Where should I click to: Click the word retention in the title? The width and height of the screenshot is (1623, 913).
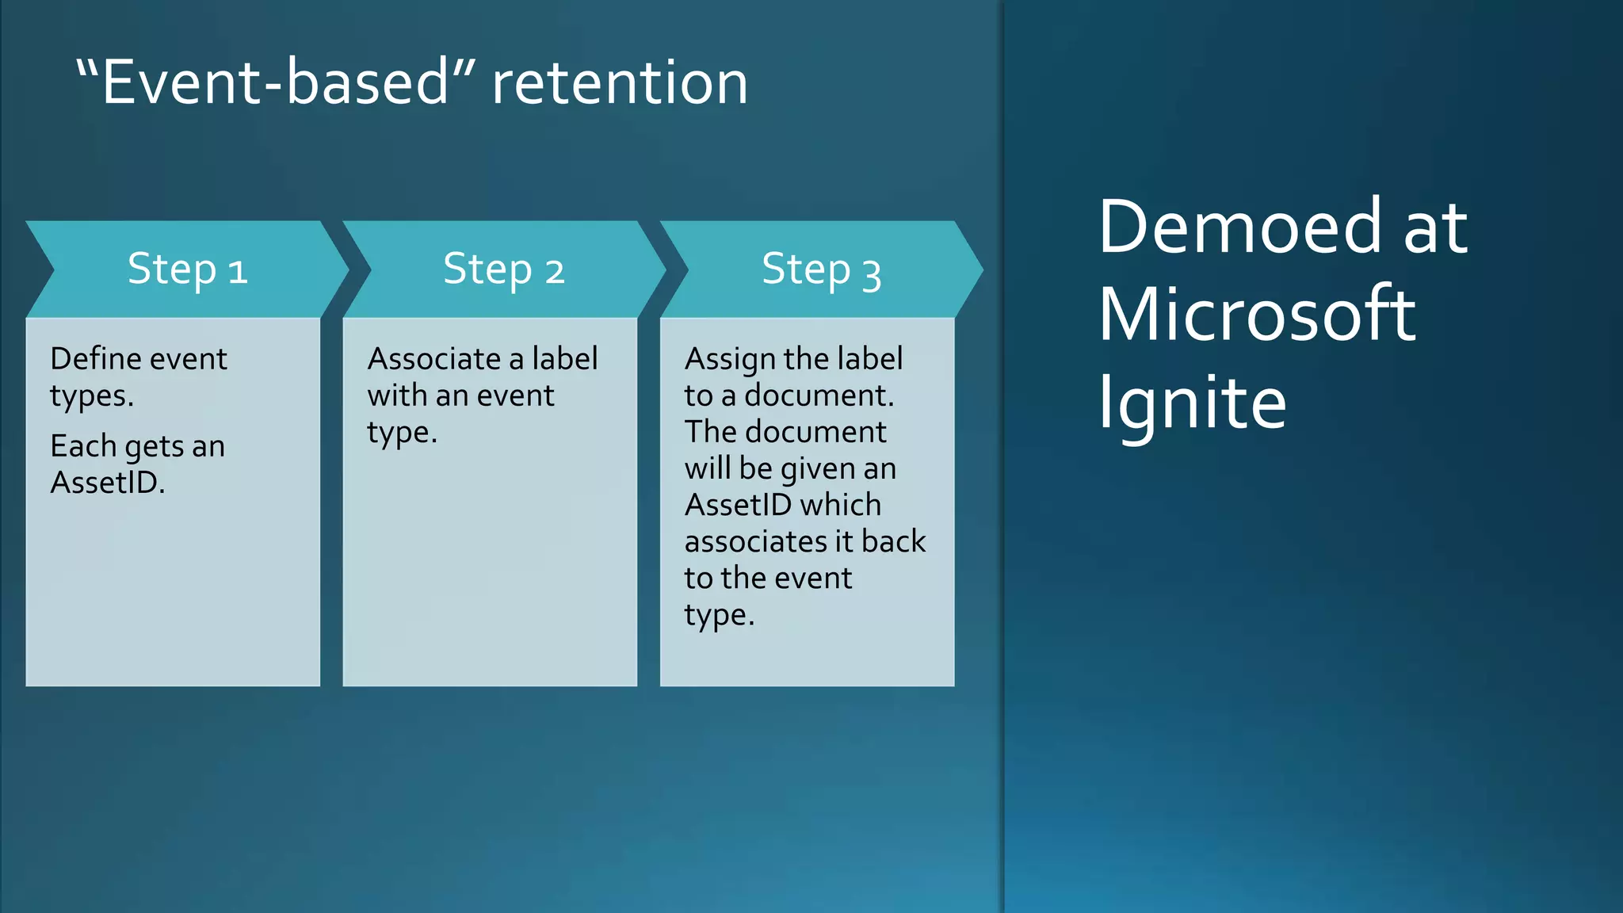pos(620,82)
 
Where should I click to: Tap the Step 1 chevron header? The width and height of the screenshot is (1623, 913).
pos(188,269)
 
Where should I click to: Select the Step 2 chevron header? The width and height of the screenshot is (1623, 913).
pos(504,269)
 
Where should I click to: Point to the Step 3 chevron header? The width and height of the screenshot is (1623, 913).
pos(821,269)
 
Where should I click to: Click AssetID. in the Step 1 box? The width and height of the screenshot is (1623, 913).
pos(108,483)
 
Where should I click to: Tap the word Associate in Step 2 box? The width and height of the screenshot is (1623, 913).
pos(433,359)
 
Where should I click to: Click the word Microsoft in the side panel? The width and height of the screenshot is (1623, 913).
pos(1256,315)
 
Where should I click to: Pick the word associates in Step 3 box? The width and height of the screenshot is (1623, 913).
pos(751,542)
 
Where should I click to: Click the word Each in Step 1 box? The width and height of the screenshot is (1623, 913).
pos(83,446)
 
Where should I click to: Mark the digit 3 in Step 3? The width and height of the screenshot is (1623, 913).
pos(871,274)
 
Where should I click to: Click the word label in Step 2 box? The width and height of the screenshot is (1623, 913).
pos(564,359)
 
